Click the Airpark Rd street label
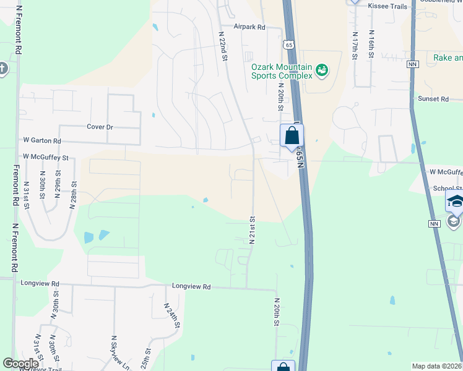pos(249,27)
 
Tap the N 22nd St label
pos(223,47)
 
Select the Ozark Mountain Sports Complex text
pos(282,71)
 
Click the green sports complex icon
pos(321,70)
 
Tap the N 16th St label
pos(371,45)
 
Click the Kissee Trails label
pos(387,6)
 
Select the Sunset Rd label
pos(433,99)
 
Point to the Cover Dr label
pos(100,127)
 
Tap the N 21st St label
pos(252,230)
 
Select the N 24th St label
pos(172,315)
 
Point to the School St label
pos(448,188)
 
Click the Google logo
pos(21,364)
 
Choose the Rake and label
pos(447,58)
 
